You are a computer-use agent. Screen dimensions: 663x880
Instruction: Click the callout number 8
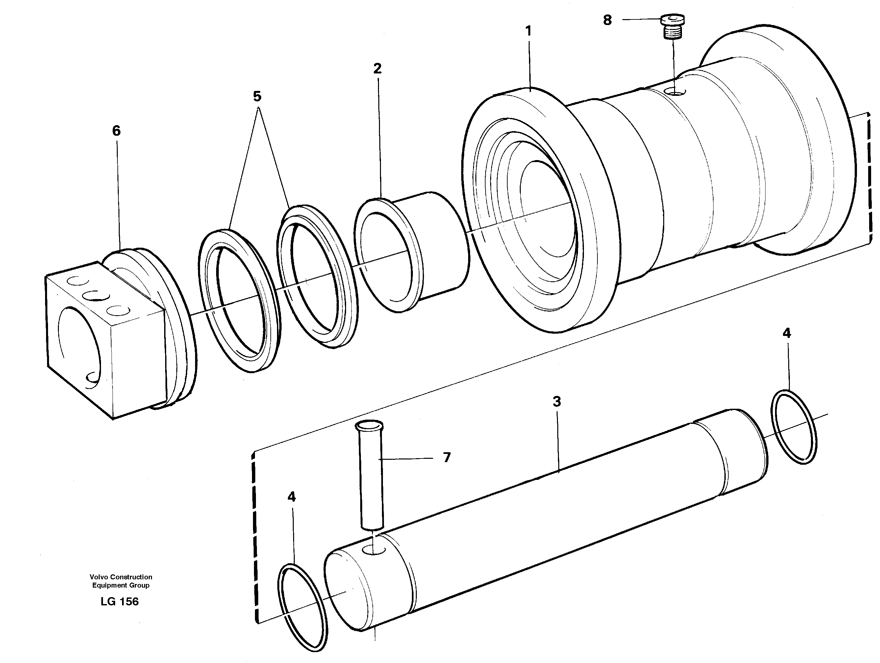[x=607, y=20]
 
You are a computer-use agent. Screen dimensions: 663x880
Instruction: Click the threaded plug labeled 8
[x=673, y=27]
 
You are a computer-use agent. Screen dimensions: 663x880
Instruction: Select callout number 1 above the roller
[x=528, y=31]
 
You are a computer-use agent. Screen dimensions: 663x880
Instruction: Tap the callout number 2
[x=377, y=69]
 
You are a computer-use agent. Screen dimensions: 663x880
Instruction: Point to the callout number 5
[x=257, y=97]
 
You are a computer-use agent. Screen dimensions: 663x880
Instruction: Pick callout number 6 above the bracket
[x=116, y=131]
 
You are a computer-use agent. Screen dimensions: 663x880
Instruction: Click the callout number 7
[x=447, y=457]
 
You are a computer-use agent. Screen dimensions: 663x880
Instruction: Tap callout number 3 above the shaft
[x=557, y=401]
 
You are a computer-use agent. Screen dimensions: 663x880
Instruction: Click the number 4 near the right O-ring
[x=787, y=333]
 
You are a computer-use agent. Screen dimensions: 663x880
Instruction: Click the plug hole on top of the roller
[x=675, y=92]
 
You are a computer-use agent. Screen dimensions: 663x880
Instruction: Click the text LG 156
[x=119, y=601]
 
